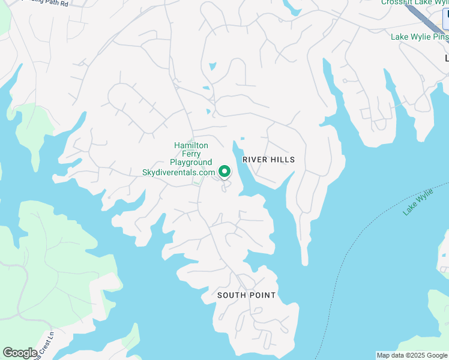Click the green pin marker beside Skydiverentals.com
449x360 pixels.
224,172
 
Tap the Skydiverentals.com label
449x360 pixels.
178,172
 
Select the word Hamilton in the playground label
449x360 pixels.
191,145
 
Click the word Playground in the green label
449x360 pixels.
191,163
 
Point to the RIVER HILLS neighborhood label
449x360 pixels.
269,160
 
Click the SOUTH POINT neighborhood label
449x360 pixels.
247,295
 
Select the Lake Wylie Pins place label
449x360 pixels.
420,37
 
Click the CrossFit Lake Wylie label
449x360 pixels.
415,2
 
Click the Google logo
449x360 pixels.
20,353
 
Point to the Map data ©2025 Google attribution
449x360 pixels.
412,355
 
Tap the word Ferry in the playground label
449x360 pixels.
191,154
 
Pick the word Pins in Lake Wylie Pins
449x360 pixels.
440,37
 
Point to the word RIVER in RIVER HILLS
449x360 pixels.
255,160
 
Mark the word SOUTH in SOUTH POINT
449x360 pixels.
231,295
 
